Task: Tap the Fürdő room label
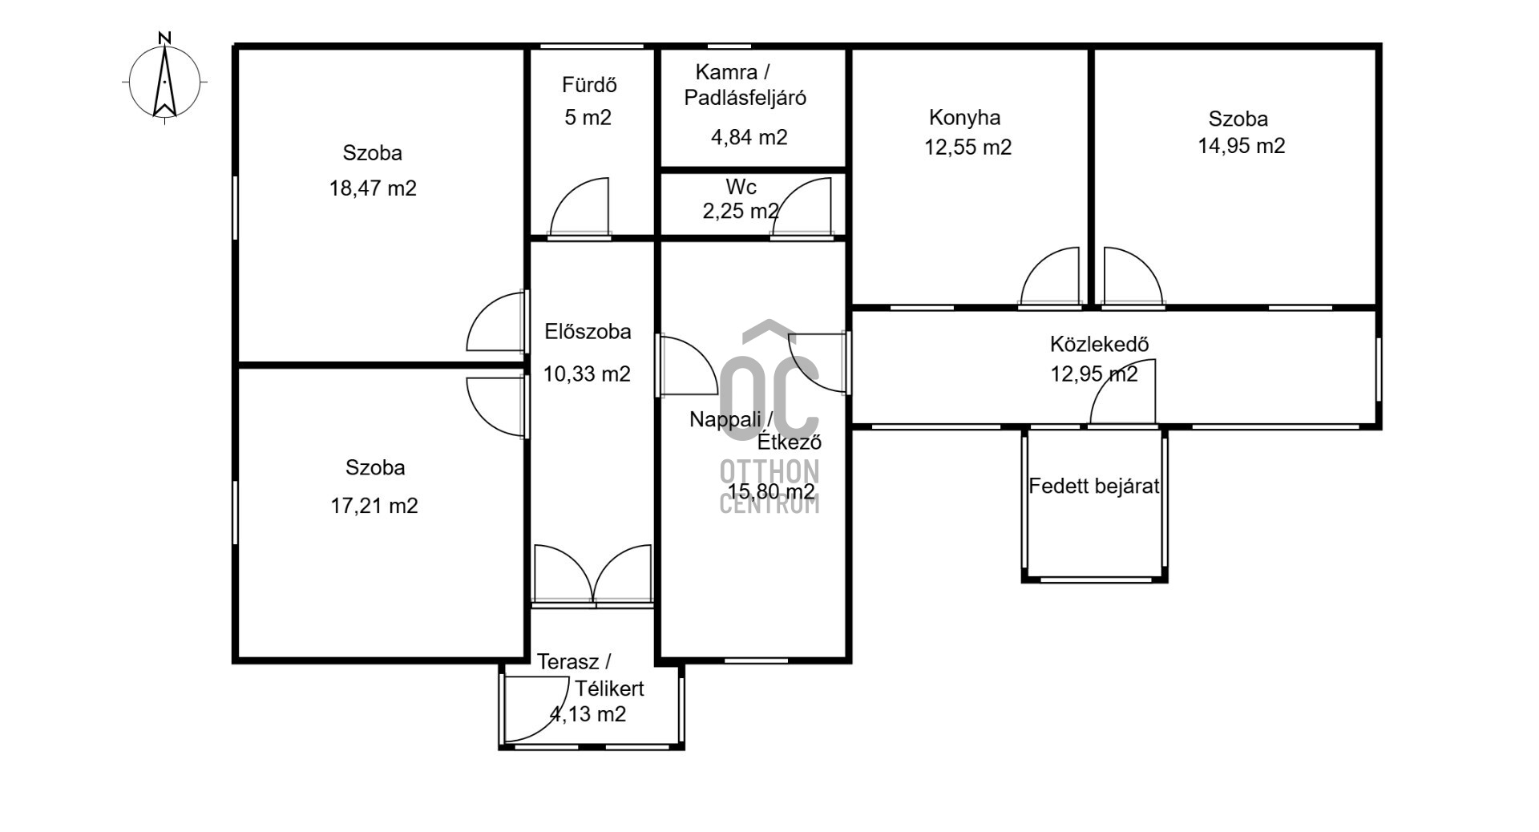589,85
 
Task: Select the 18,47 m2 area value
373,188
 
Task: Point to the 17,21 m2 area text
374,506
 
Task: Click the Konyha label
964,118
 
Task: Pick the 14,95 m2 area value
1242,146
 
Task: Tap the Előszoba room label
588,332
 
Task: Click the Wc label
741,188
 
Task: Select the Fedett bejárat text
1094,486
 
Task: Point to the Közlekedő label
1100,345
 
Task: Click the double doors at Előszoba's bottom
592,572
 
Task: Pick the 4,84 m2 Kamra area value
749,137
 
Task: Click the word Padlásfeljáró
745,98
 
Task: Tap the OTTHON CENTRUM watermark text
769,487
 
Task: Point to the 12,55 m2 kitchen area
968,147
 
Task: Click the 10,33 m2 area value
587,374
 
